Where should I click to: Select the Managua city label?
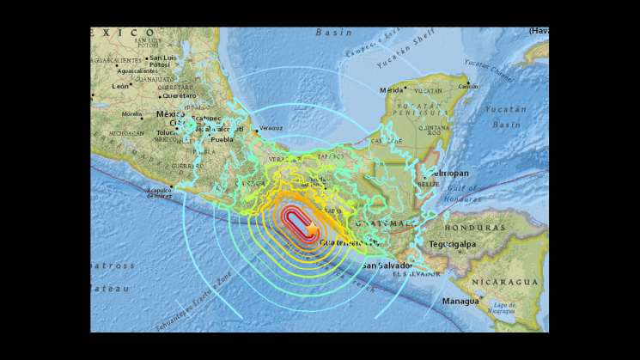[x=460, y=302]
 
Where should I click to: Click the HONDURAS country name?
[x=474, y=228]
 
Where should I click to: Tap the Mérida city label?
[x=392, y=89]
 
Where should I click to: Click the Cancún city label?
[x=468, y=86]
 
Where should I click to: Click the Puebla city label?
[x=222, y=138]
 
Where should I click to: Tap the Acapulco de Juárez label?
[x=161, y=192]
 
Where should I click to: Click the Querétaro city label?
[x=176, y=95]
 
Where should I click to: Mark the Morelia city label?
[x=132, y=113]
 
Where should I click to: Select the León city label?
[x=120, y=86]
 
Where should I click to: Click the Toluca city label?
[x=166, y=134]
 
